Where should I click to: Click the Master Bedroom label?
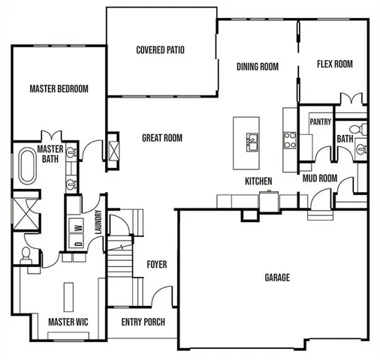(x=59, y=88)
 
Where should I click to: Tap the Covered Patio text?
(x=160, y=51)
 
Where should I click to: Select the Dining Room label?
(x=258, y=67)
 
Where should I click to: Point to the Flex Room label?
(x=334, y=64)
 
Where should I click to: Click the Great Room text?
(x=162, y=138)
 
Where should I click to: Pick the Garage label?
(x=277, y=277)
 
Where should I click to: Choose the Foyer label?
(x=157, y=265)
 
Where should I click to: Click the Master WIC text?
(x=68, y=322)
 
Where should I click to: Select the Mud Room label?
(x=319, y=178)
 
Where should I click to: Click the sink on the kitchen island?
(x=252, y=140)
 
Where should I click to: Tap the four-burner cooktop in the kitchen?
(x=289, y=139)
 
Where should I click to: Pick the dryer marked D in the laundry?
(x=77, y=242)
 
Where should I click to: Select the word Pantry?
(x=321, y=121)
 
